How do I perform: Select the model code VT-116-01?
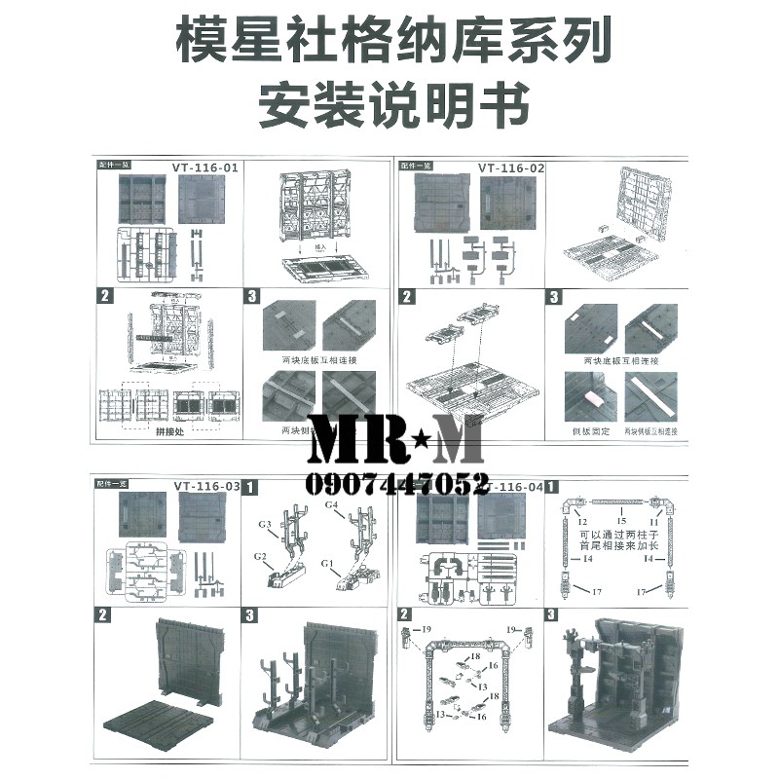click(x=205, y=167)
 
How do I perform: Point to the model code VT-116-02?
click(x=511, y=167)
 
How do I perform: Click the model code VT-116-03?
click(x=205, y=486)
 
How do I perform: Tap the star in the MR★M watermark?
click(x=395, y=445)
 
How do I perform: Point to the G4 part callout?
click(x=331, y=505)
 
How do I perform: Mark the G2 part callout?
click(x=260, y=555)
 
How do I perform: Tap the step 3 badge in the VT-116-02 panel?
click(x=554, y=296)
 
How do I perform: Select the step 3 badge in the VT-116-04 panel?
click(x=552, y=614)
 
